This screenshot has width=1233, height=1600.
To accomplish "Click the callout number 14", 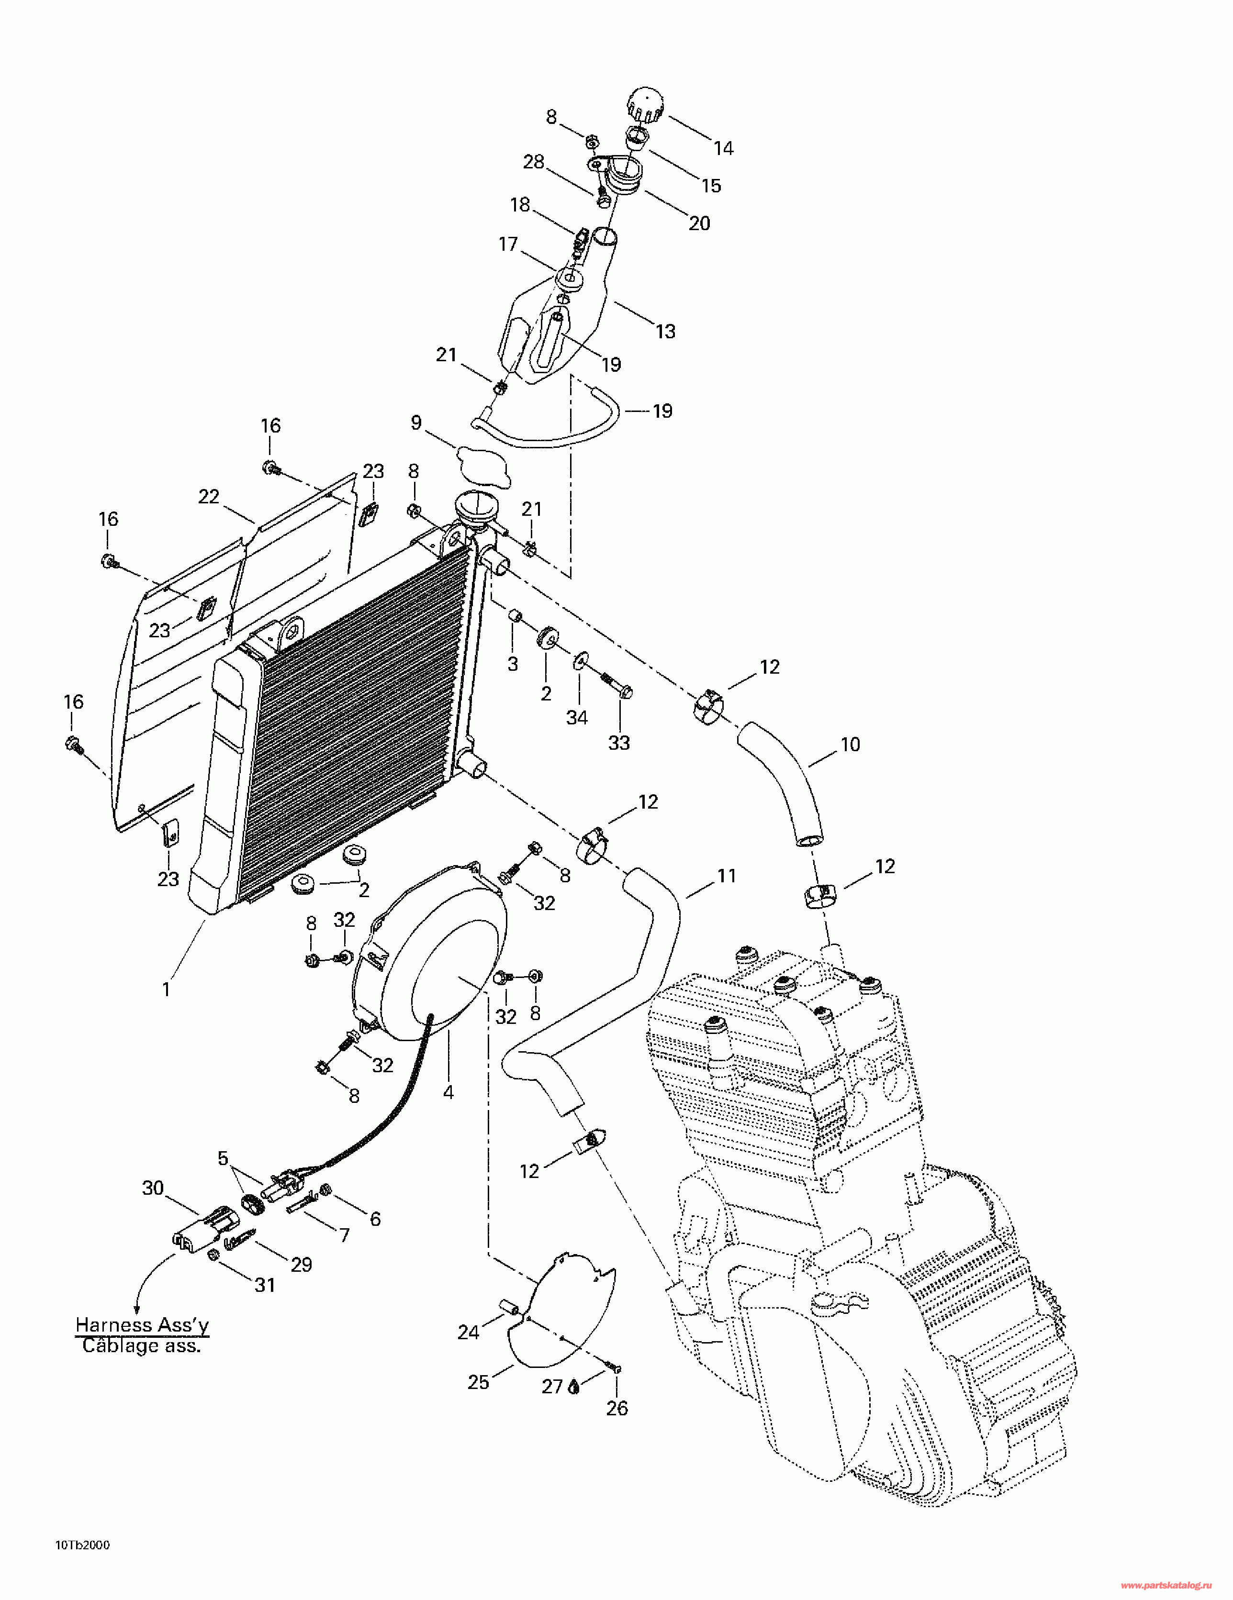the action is tap(724, 149).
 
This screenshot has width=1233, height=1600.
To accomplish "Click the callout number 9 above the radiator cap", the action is tap(416, 422).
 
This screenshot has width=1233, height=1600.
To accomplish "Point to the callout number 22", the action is tap(209, 497).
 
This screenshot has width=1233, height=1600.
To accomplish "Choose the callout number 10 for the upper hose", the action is tap(850, 744).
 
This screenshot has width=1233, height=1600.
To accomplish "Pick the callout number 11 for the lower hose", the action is tap(727, 876).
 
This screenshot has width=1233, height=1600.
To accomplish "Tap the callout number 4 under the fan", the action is tap(448, 1092).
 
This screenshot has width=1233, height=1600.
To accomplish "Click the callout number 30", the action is tap(153, 1189).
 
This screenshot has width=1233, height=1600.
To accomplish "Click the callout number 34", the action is tap(577, 718).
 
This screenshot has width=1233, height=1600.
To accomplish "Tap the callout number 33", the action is tap(619, 743).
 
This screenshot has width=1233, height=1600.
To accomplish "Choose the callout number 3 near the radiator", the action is tap(513, 665).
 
